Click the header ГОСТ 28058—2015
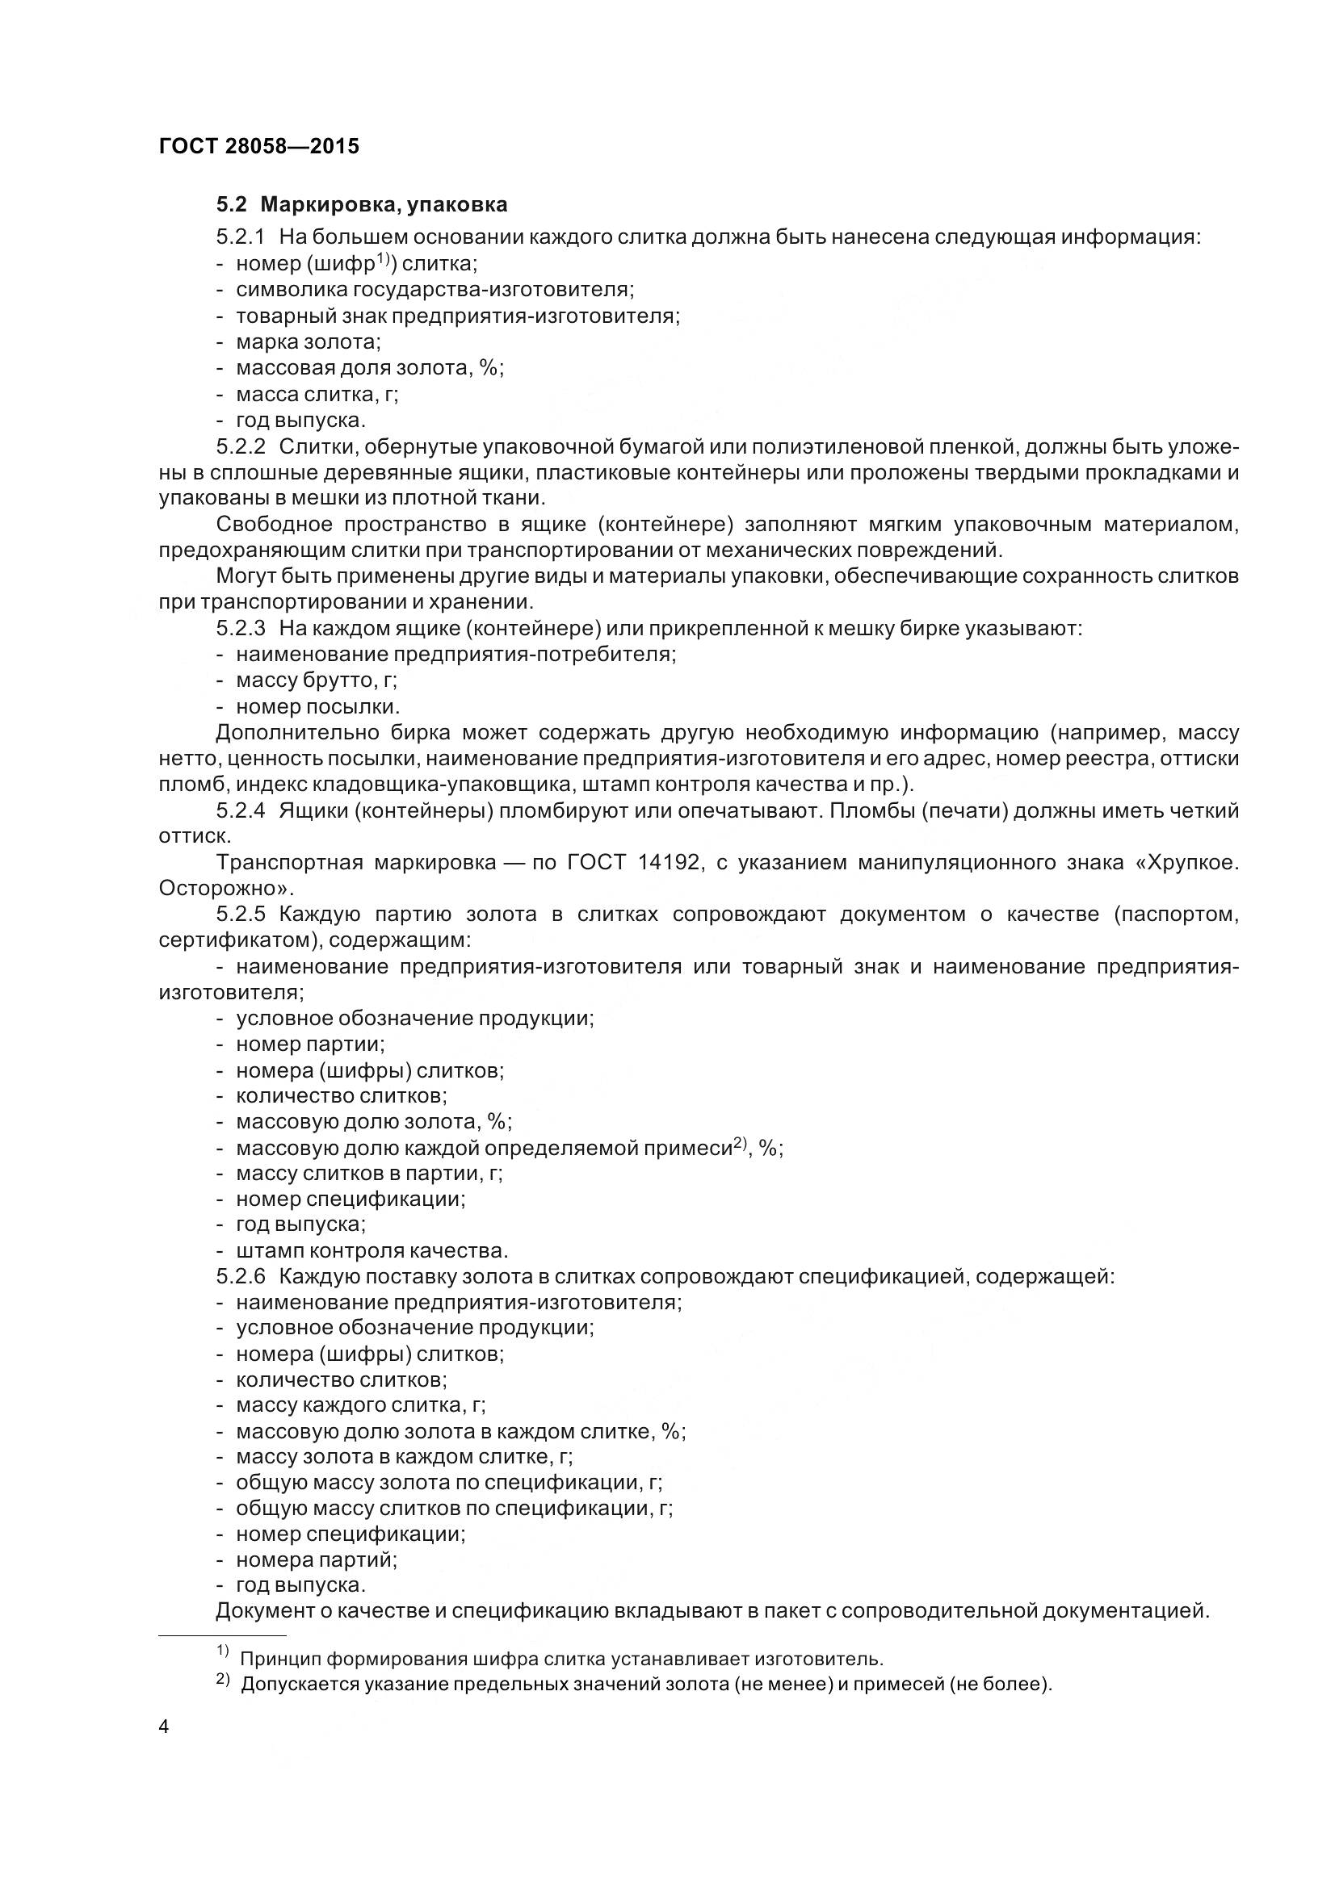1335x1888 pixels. pyautogui.click(x=259, y=146)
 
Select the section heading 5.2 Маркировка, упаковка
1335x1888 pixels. pyautogui.click(x=362, y=204)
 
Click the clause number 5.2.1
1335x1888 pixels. pyautogui.click(x=241, y=237)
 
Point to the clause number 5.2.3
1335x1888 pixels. pyautogui.click(x=241, y=629)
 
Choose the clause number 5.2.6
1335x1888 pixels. pyautogui.click(x=241, y=1276)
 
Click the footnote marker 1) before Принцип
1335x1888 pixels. pyautogui.click(x=222, y=1651)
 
